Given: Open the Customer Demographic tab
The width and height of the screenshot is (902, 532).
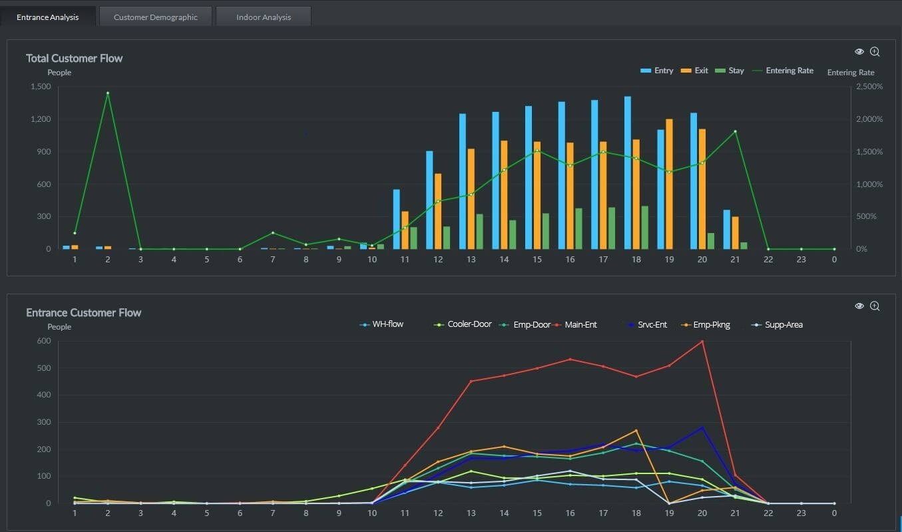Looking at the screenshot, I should coord(155,17).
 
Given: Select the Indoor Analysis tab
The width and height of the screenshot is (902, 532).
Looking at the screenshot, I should coord(263,17).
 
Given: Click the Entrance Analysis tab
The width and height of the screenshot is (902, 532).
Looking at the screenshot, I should coord(47,17).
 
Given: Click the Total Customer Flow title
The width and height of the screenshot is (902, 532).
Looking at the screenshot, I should coord(74,58).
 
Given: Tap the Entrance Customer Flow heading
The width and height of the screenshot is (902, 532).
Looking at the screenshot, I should coord(83,312).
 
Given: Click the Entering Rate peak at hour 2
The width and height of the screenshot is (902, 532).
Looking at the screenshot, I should coord(107,93).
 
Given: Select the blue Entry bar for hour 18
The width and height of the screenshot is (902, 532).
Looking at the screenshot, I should coord(627,173).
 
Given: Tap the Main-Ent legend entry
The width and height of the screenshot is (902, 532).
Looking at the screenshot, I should coord(576,325).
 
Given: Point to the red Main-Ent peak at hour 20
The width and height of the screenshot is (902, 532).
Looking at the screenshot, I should coord(702,342).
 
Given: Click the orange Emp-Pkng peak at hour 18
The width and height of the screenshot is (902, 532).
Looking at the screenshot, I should coord(636,431).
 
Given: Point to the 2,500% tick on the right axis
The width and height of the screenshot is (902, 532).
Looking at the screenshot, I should coord(869,87).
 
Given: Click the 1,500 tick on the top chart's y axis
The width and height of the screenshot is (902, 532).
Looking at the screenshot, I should coord(41,87).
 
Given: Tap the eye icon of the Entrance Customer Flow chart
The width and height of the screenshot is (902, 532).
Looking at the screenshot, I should coord(859,306).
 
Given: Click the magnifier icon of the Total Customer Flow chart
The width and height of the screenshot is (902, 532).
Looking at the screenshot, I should coord(875,51).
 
